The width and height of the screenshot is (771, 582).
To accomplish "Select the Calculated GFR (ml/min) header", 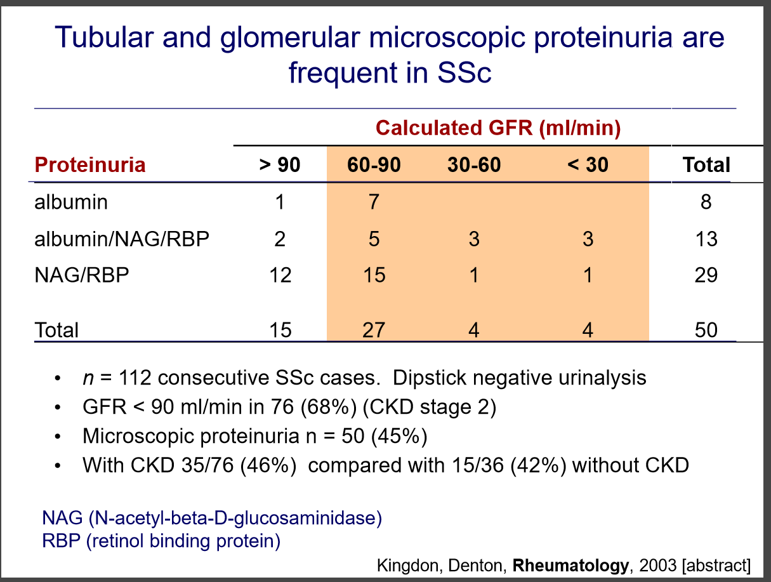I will pyautogui.click(x=498, y=128).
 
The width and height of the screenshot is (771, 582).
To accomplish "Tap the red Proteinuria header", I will pyautogui.click(x=90, y=165).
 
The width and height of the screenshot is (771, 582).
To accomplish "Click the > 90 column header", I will pyautogui.click(x=279, y=165).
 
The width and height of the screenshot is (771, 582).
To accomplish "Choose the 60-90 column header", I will pyautogui.click(x=374, y=165).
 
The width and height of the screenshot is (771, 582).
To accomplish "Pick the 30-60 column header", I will pyautogui.click(x=473, y=165).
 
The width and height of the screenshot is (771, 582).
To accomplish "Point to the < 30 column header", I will pyautogui.click(x=588, y=165).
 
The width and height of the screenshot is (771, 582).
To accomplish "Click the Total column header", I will pyautogui.click(x=706, y=165).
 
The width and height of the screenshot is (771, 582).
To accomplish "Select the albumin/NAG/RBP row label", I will pyautogui.click(x=122, y=239).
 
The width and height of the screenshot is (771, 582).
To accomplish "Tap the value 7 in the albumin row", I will pyautogui.click(x=374, y=202).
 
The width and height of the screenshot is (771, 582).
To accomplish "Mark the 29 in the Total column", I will pyautogui.click(x=706, y=275).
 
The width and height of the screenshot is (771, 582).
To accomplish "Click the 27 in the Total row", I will pyautogui.click(x=374, y=330).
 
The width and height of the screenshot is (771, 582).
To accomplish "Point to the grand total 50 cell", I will pyautogui.click(x=706, y=330).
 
